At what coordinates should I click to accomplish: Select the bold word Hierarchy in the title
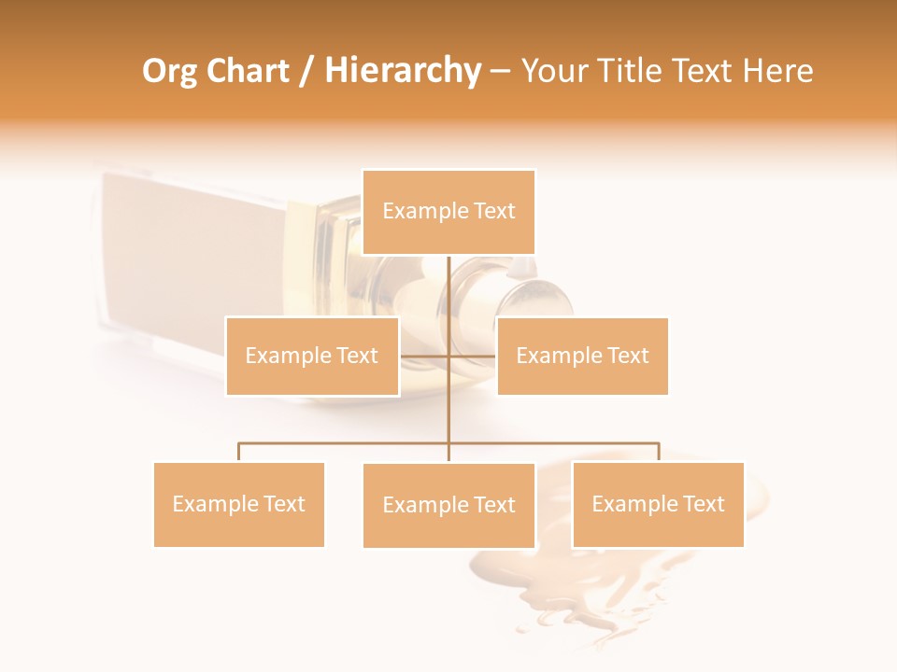403,71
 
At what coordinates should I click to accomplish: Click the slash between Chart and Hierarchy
306,72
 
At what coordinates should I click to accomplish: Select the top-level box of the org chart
448,212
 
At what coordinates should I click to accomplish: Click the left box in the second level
312,356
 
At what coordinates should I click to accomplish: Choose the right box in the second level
582,356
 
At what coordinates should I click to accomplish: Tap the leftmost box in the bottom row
239,504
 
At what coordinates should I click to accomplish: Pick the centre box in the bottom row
448,505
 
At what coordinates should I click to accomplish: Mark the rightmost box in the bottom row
658,504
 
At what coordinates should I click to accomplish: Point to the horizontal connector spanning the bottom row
346,443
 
